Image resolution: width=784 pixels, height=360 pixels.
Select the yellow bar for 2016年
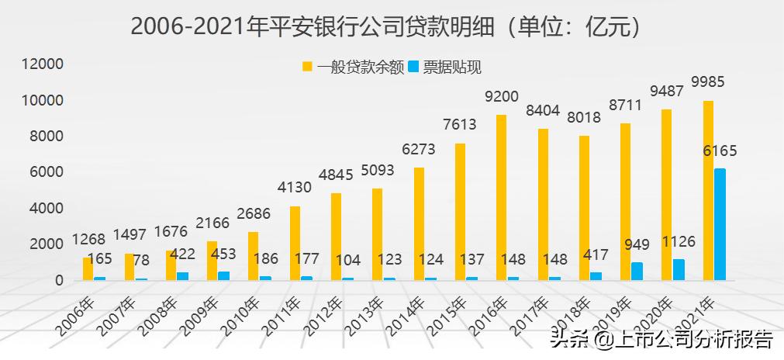501,197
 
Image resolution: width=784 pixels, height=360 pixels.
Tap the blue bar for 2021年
720,224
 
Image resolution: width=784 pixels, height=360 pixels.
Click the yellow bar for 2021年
707,190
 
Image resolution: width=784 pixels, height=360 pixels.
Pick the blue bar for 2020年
679,269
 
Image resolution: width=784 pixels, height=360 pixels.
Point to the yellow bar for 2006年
88,268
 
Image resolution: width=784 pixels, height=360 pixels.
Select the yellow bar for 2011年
295,243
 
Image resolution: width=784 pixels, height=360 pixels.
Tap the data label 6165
719,151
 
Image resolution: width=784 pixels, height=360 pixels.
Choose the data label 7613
459,125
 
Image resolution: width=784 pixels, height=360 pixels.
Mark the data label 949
637,245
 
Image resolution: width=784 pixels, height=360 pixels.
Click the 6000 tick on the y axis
47,172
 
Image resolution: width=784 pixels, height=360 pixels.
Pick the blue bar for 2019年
637,271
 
